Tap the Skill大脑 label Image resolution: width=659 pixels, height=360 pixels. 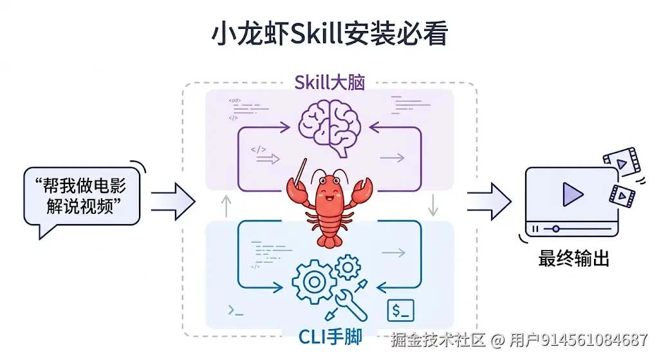pos(329,82)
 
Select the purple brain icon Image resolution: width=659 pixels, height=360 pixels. pos(330,125)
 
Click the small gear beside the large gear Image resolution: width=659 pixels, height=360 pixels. pos(348,265)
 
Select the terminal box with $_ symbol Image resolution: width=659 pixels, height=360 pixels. pos(400,310)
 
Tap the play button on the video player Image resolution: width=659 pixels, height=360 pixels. pos(571,194)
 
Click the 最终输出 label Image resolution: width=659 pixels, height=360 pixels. pos(573,260)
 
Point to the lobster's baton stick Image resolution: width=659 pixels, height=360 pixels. pos(300,169)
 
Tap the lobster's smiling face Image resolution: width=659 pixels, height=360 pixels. pos(330,189)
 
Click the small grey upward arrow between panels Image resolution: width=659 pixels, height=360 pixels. pos(226,205)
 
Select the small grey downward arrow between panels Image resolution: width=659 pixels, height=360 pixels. pos(433,205)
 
